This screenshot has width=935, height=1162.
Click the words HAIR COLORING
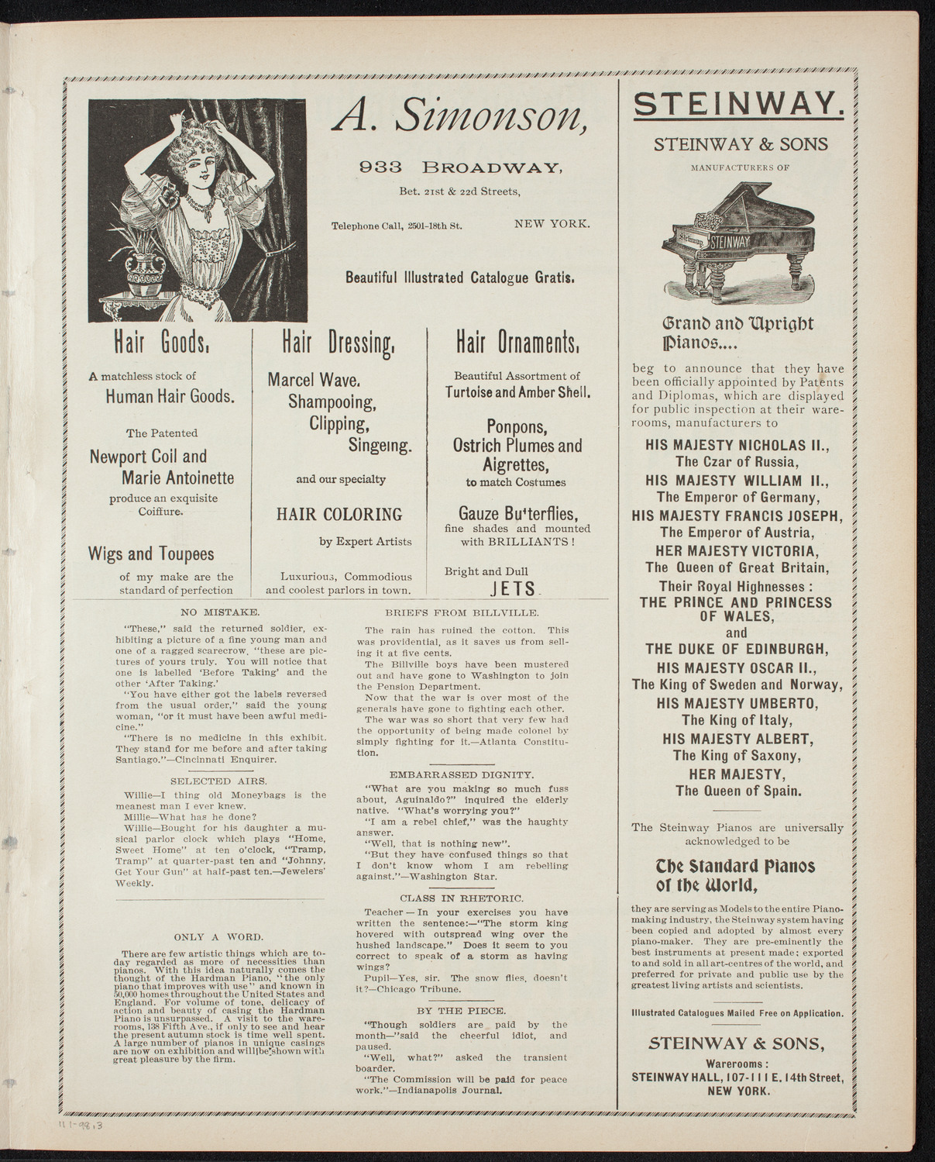339,515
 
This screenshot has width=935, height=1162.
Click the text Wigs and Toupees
151,554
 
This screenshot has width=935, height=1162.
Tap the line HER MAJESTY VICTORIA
737,550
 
